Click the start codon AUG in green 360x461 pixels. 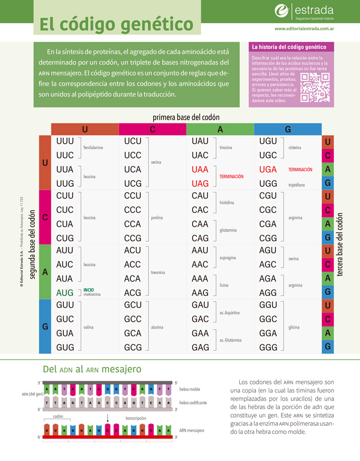(65, 292)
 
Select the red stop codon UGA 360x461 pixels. (269, 169)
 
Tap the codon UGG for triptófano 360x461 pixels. (269, 183)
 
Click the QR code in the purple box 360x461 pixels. (315, 88)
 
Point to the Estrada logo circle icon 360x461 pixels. (283, 11)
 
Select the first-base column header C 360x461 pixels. (152, 129)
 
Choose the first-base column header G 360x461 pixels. (287, 129)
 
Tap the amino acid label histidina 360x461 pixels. (227, 202)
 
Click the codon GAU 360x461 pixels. (200, 305)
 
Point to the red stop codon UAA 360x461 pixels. (200, 169)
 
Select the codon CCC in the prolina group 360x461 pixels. (133, 209)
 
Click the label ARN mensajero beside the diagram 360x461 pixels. (192, 430)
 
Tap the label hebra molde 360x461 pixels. (191, 390)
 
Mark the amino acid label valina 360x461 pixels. (89, 327)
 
